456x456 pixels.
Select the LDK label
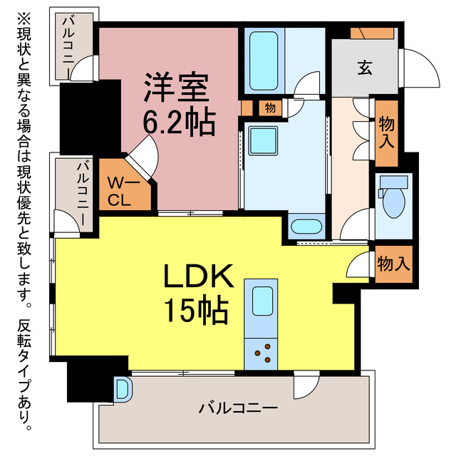[x=200, y=277]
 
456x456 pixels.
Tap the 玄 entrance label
[x=364, y=68]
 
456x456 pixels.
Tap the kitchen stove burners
[x=262, y=353]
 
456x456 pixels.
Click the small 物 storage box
[x=270, y=108]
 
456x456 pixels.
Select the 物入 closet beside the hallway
[x=387, y=133]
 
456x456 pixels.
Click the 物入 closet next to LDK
[x=393, y=264]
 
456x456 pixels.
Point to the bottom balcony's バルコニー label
[x=238, y=409]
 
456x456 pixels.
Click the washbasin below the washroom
[x=308, y=228]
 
